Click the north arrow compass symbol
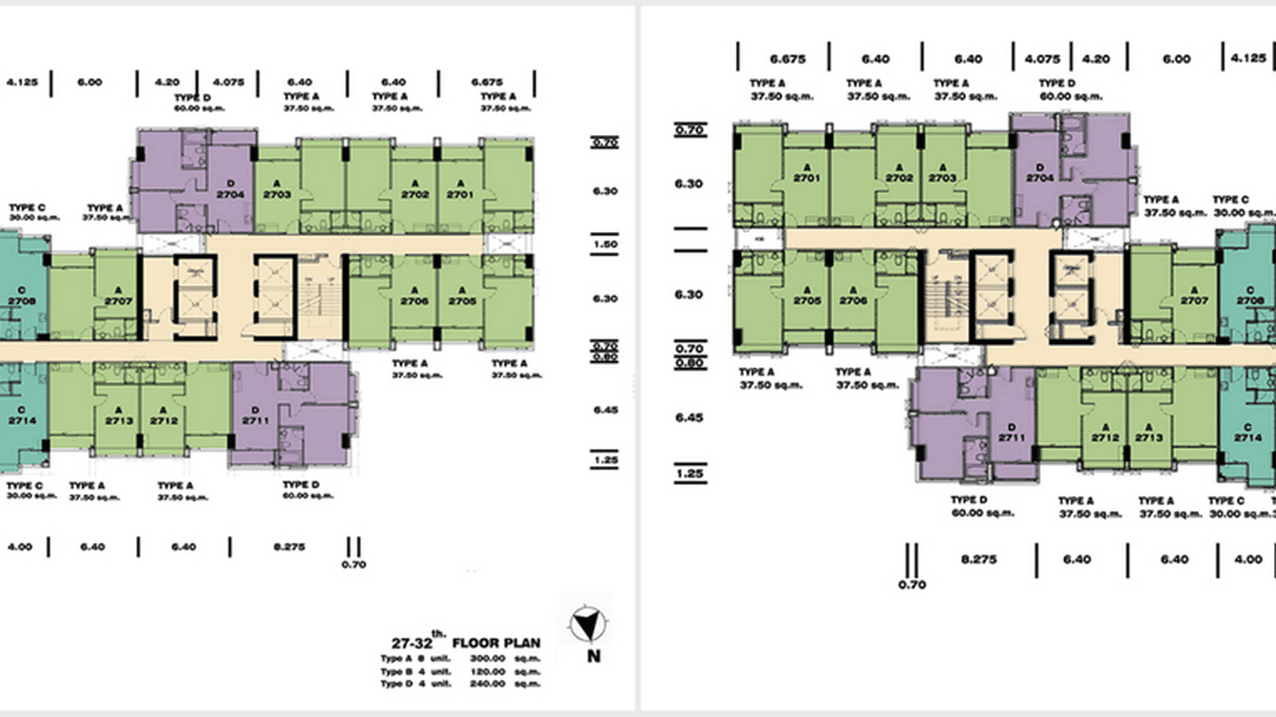589,625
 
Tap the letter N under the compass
593,656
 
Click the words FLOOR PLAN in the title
509,643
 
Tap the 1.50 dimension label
605,244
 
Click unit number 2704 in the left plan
230,194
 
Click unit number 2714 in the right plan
1247,438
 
